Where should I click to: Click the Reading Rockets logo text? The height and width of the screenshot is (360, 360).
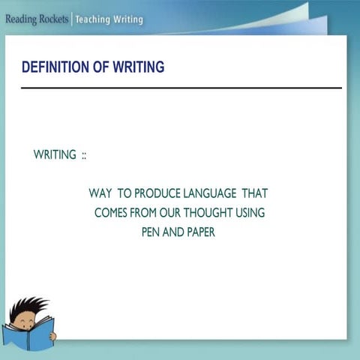pos(35,19)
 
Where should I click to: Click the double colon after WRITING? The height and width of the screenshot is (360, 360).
pos(85,155)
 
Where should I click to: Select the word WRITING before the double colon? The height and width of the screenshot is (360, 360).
pos(55,155)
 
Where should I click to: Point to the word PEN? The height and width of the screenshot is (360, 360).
pos(151,232)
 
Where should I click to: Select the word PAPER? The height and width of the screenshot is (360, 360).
pos(199,232)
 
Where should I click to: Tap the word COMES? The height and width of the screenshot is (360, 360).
pos(111,213)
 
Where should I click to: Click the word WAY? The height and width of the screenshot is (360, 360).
pos(100,193)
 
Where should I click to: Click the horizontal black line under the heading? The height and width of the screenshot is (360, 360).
pos(180,88)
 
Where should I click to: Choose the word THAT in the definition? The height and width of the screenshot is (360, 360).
pos(254,193)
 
